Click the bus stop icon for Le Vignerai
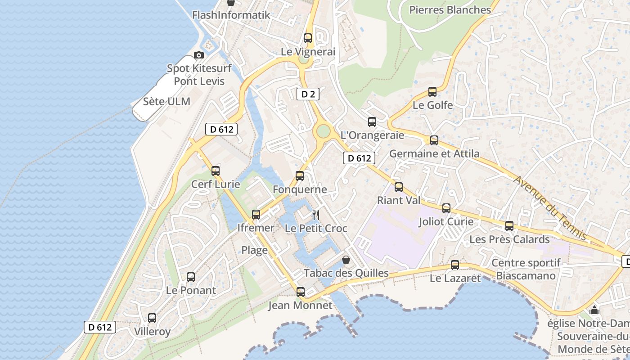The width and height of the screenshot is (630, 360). point(308,38)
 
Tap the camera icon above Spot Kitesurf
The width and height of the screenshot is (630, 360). point(198,55)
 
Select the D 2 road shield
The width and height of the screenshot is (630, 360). point(308,94)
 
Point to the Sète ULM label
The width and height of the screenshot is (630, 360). point(166,101)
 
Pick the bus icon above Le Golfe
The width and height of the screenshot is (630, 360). point(432,92)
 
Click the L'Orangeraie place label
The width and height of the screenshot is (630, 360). point(372,135)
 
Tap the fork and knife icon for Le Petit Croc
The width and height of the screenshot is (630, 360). point(316,215)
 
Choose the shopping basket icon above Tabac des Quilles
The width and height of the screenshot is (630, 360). point(346,260)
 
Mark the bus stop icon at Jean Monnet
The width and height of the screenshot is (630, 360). point(301,292)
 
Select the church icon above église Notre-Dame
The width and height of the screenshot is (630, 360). point(594,310)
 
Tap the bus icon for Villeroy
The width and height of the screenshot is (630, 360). point(152,318)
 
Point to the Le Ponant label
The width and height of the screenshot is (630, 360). point(191,290)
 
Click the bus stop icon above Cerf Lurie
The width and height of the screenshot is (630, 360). point(216,171)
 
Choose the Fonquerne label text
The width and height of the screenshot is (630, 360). point(300,189)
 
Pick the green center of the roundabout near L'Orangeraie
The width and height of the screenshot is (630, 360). point(323,131)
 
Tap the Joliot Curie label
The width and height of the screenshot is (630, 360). point(446,221)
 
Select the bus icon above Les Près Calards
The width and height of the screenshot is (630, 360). point(509,226)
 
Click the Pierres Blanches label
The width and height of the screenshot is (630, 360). point(450,10)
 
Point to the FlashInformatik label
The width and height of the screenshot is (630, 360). point(231,15)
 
